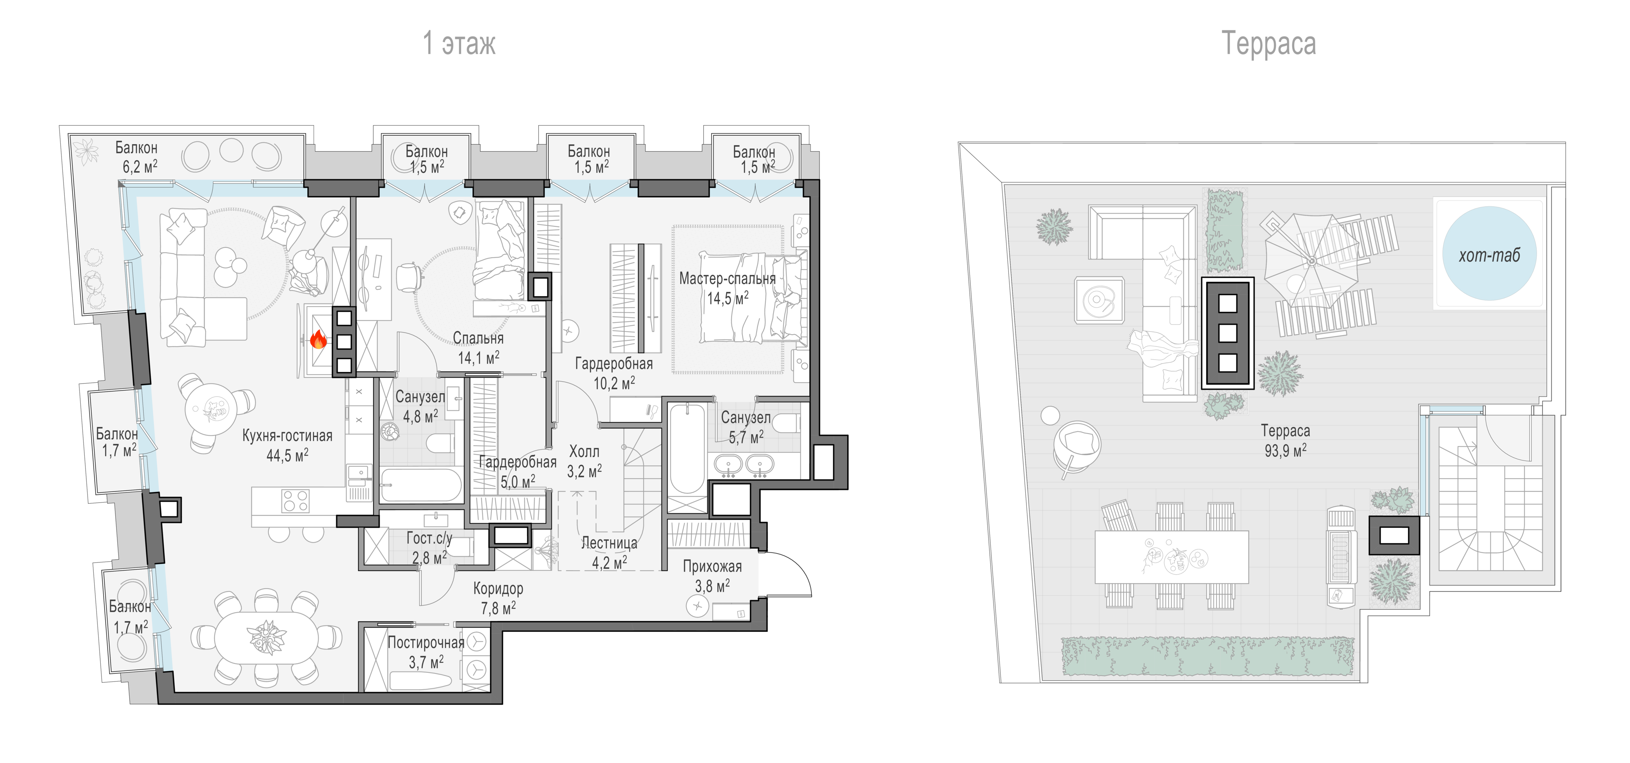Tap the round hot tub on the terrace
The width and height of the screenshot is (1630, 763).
coord(1489,254)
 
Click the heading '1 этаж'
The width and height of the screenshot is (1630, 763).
coord(459,43)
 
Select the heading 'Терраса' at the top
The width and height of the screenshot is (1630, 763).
coord(1268,43)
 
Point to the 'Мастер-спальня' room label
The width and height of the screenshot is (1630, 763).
coord(727,278)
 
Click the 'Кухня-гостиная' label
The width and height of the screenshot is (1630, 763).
coord(287,435)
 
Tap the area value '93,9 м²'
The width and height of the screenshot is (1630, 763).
coord(1285,450)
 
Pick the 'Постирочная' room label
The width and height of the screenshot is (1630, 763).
coord(426,643)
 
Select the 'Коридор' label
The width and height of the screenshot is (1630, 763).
coord(498,589)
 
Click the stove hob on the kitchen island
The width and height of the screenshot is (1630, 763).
coord(295,501)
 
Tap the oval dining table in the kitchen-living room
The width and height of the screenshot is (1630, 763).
coord(267,637)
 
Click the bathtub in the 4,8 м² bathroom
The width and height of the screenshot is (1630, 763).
coord(421,485)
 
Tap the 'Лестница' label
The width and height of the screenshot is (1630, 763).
coord(609,543)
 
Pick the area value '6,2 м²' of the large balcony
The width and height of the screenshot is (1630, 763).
coord(140,166)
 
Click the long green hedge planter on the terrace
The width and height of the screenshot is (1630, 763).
coord(1207,656)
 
